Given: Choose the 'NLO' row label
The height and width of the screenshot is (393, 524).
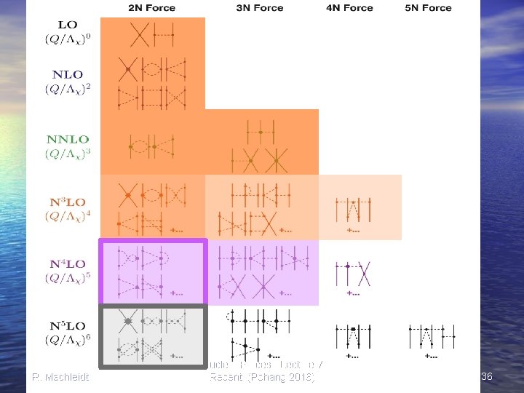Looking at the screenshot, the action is pos(67,74).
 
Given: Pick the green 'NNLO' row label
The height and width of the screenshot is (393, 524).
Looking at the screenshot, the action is pos(67,139).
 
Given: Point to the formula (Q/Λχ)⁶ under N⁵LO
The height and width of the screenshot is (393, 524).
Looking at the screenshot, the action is pos(67,340).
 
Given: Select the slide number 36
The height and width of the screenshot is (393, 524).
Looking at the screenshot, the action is pos(487,376).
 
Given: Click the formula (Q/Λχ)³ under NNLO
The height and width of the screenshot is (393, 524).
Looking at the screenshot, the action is pos(67,154).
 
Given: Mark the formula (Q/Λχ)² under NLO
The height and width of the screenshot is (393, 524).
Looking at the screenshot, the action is pos(67,89).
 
